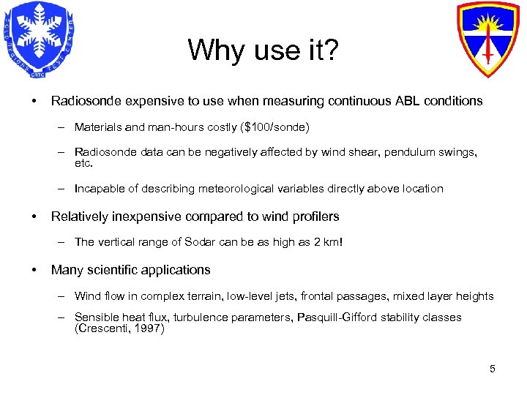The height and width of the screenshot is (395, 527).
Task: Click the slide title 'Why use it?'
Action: [x=263, y=50]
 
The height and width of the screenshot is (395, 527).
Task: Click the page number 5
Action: [x=493, y=369]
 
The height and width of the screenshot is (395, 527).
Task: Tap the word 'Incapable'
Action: [x=100, y=188]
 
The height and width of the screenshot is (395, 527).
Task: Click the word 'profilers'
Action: [x=315, y=217]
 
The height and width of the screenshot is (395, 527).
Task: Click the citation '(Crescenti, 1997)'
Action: [x=119, y=329]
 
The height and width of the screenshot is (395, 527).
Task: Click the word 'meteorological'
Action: [x=201, y=188]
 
